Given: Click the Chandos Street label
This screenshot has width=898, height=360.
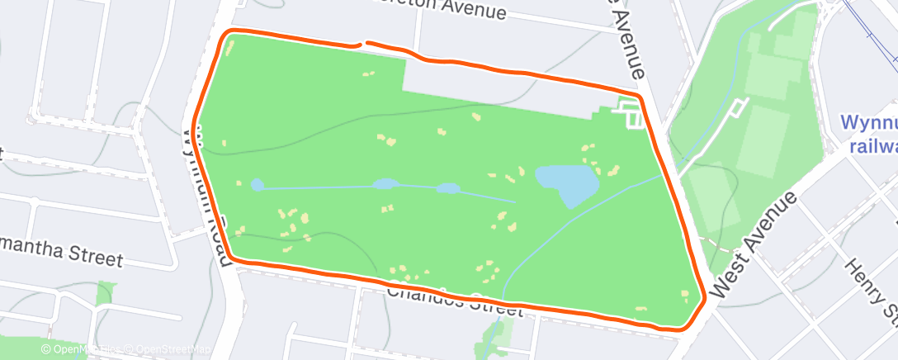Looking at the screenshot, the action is pyautogui.click(x=454, y=301).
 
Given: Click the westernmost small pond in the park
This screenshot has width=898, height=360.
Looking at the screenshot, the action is pyautogui.click(x=258, y=185).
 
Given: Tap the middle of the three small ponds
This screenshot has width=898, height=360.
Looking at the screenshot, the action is pyautogui.click(x=385, y=184).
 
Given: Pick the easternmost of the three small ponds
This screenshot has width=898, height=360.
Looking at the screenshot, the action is pyautogui.click(x=448, y=188).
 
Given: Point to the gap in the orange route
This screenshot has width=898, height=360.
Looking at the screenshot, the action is pyautogui.click(x=361, y=42).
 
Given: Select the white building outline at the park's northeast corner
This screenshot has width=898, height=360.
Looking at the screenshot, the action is pyautogui.click(x=631, y=113).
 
